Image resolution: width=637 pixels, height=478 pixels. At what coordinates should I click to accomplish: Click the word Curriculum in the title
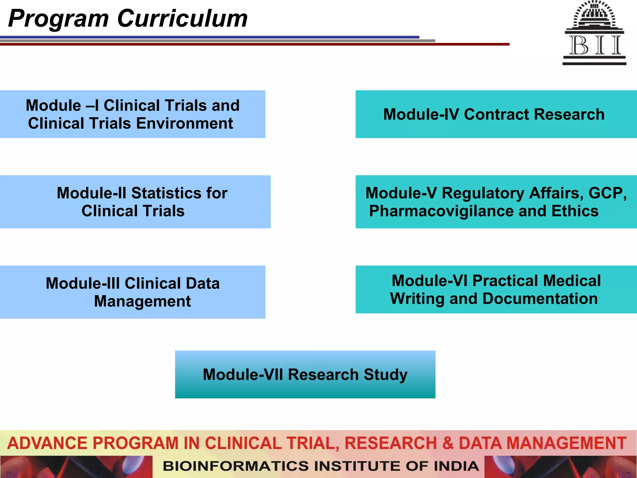[182, 19]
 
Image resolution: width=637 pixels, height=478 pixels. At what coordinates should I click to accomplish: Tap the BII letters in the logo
[595, 45]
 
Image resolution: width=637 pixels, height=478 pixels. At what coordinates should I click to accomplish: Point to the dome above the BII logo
[594, 14]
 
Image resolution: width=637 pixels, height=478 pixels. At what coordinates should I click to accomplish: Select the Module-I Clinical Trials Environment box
[133, 114]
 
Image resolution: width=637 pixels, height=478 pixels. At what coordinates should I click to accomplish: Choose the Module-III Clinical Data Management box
[133, 292]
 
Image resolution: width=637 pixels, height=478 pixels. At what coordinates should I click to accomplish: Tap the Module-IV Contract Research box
[496, 114]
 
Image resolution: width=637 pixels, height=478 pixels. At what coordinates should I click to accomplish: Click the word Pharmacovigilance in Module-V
[441, 211]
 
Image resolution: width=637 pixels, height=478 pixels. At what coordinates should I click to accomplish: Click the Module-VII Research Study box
[305, 374]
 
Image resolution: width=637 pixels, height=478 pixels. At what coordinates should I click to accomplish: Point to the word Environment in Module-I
[184, 124]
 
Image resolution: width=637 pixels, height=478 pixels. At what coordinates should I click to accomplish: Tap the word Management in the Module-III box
[142, 301]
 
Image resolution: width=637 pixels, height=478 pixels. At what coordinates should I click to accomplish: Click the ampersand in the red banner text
[448, 443]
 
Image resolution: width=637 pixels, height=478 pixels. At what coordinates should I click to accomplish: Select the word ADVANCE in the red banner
[48, 443]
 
